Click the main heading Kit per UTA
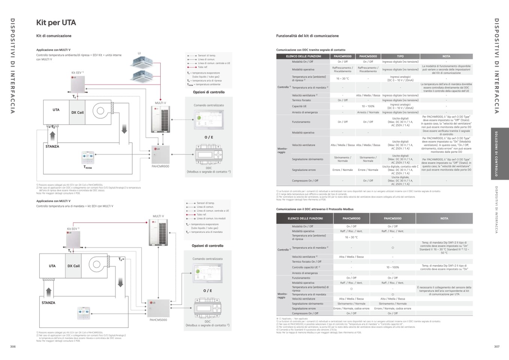click(x=56, y=23)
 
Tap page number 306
click(x=13, y=346)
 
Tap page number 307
click(x=497, y=346)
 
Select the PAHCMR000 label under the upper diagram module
click(x=160, y=166)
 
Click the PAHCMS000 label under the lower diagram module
click(x=158, y=320)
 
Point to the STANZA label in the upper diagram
click(x=52, y=146)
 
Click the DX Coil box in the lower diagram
click(x=74, y=266)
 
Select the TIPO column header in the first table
click(x=400, y=56)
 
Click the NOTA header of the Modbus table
click(x=444, y=218)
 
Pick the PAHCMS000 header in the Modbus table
click(x=392, y=218)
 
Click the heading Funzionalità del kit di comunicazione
click(x=307, y=36)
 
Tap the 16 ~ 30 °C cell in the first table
click(x=342, y=78)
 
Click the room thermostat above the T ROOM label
click(x=88, y=157)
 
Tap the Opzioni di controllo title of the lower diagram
click(x=207, y=246)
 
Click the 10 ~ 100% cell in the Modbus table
click(x=393, y=267)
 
